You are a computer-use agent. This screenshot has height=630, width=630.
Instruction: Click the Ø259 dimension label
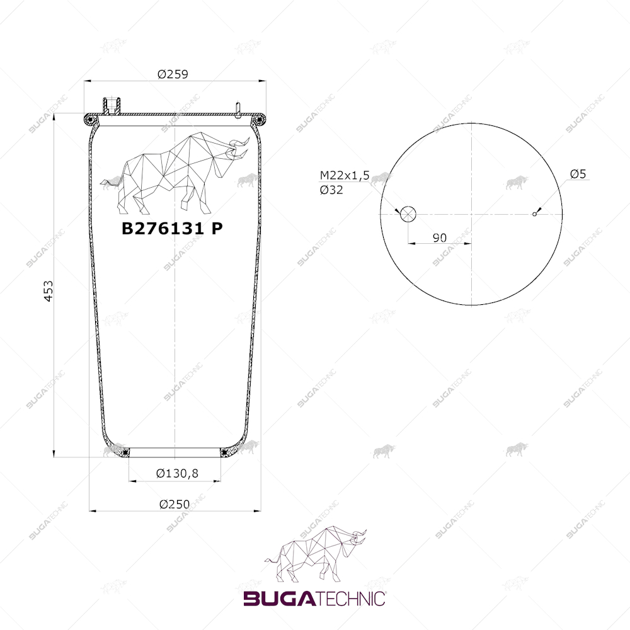pos(173,74)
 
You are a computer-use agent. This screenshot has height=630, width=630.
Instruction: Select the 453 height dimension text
pos(49,291)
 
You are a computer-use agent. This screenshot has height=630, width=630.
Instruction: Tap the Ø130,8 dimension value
pos(177,473)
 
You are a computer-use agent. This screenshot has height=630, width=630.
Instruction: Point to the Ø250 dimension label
pos(175,504)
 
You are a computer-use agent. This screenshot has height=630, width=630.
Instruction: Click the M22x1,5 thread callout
pos(345,175)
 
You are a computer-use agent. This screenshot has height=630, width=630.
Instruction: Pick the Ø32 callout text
pos(331,190)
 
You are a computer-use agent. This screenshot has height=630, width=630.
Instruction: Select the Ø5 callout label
pos(578,174)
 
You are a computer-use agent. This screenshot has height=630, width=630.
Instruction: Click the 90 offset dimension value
pos(440,238)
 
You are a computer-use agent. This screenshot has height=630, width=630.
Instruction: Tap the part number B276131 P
pos(173,228)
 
